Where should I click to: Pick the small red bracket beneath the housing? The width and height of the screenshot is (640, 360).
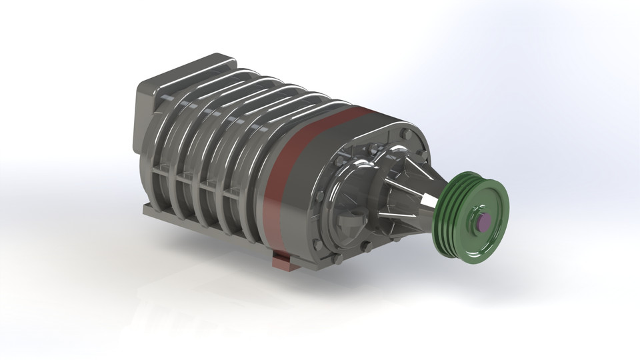tap(285, 261)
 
